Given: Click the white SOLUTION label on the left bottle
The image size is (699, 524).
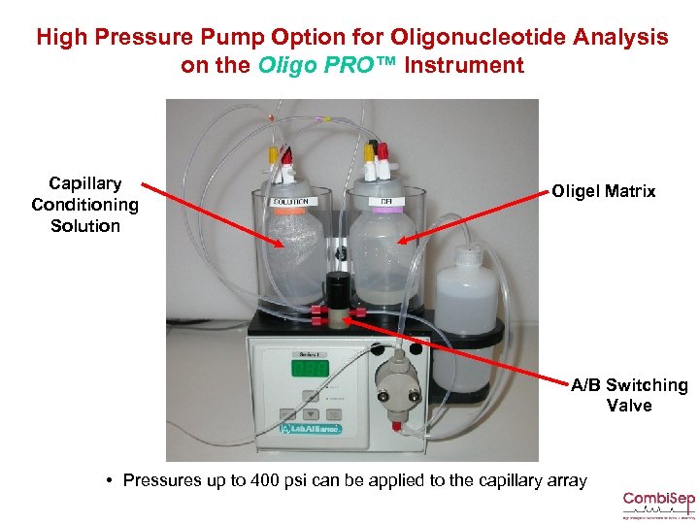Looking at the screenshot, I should pyautogui.click(x=290, y=202).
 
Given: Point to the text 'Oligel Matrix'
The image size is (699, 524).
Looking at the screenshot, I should pyautogui.click(x=603, y=191).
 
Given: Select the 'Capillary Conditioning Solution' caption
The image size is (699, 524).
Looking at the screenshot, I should pyautogui.click(x=85, y=205).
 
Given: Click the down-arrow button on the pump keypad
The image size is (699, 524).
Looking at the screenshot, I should pyautogui.click(x=309, y=410).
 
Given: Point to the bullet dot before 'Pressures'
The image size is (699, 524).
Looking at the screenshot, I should pyautogui.click(x=114, y=480).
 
